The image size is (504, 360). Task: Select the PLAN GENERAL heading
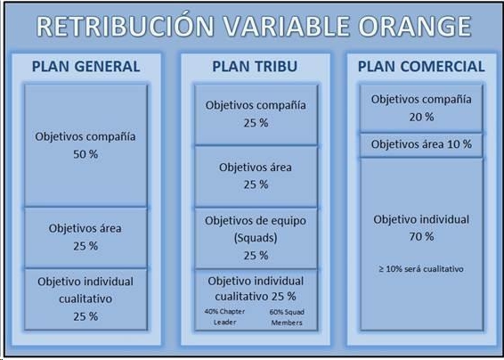[85, 67]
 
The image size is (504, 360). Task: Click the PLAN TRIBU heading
[255, 67]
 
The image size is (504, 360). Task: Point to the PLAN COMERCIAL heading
[421, 67]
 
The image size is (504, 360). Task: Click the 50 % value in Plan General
[85, 154]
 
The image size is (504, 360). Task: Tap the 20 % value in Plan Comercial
[421, 117]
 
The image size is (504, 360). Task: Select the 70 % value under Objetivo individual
[421, 237]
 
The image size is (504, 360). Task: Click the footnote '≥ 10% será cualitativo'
[421, 269]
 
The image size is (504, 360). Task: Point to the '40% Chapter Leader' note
[224, 317]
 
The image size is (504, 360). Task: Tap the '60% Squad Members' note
[287, 317]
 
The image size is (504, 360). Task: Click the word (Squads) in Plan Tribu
[256, 238]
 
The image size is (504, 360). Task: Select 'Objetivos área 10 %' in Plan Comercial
[421, 144]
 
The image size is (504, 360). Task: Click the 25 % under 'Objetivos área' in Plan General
[85, 247]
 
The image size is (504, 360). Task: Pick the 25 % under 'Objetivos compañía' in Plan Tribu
[256, 123]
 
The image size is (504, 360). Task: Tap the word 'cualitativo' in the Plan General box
[85, 299]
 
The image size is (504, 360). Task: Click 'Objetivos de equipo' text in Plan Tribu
[256, 221]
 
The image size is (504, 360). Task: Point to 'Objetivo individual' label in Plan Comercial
[421, 220]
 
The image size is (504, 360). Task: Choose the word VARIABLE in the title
[287, 27]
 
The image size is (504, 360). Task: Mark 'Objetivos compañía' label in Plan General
[85, 136]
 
